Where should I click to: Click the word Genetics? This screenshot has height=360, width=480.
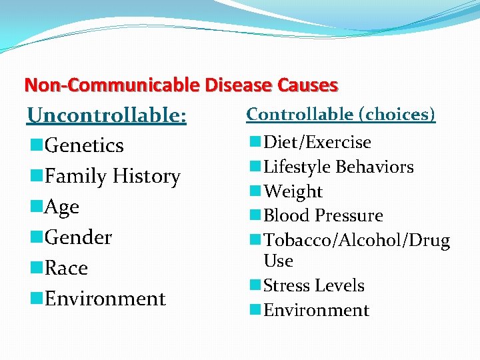coord(84,145)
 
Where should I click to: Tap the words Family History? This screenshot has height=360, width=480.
coord(112,177)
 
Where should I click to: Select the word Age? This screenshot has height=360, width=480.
coord(61,207)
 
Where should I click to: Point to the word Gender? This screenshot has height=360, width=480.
coord(78,237)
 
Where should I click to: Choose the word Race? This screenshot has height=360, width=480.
coord(66,268)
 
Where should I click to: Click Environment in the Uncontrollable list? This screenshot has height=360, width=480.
coord(105,299)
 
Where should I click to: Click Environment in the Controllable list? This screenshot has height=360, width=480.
coord(316,310)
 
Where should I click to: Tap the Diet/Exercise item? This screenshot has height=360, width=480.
coord(317,142)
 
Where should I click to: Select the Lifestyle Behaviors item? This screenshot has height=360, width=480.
coord(339,167)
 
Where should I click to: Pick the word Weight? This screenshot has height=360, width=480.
coord(293,191)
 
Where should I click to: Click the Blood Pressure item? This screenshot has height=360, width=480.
coord(323,216)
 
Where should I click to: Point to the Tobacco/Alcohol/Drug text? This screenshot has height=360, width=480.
coord(357,240)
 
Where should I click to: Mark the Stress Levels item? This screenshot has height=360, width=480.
coord(314,285)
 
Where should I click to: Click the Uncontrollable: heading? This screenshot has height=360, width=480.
coord(107,115)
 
